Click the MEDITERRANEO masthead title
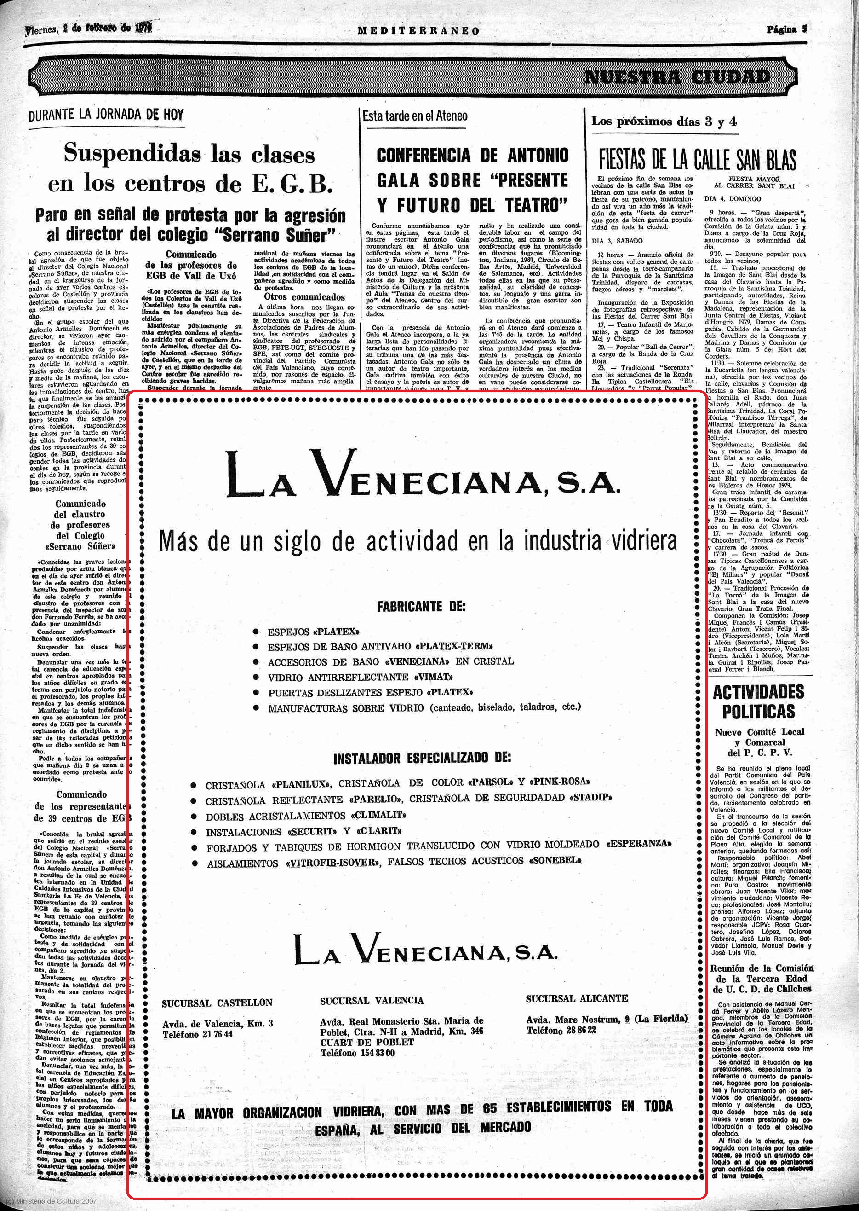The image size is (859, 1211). (418, 31)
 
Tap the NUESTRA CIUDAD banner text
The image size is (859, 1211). (676, 77)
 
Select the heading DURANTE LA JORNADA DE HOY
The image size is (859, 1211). (106, 115)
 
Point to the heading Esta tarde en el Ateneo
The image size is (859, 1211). (415, 116)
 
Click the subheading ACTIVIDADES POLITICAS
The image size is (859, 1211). (758, 701)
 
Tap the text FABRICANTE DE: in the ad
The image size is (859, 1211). (421, 607)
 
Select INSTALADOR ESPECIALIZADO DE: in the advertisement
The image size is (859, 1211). (422, 759)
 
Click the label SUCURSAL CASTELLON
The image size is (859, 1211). (217, 1002)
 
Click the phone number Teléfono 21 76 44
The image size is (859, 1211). (197, 1035)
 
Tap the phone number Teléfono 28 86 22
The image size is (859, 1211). (561, 1030)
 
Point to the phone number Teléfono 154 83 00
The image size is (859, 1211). (357, 1053)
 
